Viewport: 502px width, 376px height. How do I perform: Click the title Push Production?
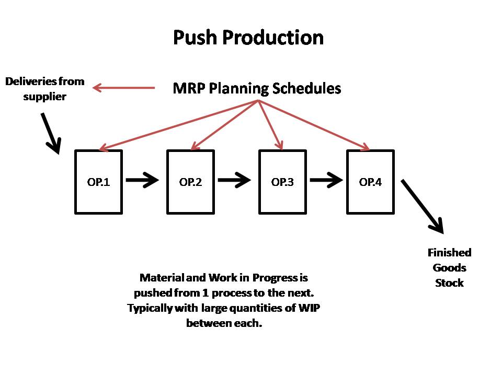248,38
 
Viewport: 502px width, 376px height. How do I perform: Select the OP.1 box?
98,182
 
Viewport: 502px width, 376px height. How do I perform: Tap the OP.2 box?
190,182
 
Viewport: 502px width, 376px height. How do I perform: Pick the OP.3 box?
282,182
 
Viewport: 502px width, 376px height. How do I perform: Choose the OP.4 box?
370,182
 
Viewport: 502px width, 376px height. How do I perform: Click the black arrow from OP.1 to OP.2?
142,181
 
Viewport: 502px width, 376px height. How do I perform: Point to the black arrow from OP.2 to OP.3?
235,181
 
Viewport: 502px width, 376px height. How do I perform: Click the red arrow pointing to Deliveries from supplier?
124,88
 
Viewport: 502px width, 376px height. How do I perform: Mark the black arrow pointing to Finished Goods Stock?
423,206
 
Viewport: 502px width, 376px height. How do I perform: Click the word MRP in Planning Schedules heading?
189,88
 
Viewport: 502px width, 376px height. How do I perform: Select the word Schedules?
306,88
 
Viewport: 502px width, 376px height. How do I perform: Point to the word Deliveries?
29,82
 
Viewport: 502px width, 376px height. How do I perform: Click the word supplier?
44,97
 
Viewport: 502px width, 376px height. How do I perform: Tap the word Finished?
449,253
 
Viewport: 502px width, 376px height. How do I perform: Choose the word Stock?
449,283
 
